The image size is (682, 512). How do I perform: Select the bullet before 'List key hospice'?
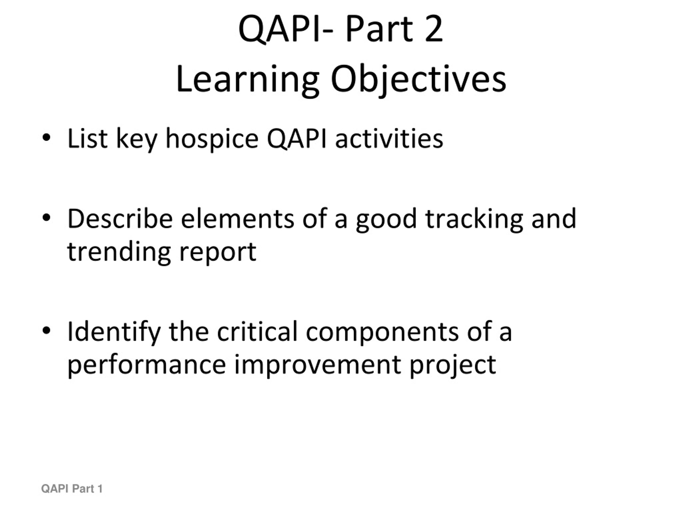point(46,138)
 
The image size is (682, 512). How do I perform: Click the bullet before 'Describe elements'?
point(46,218)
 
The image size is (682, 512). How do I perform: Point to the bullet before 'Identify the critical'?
point(46,330)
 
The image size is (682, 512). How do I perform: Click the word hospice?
point(212,139)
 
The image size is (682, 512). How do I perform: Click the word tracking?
point(474,219)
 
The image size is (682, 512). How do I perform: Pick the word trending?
point(119,252)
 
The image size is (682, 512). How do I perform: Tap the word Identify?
point(114,332)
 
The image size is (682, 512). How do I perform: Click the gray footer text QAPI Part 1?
point(72,489)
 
